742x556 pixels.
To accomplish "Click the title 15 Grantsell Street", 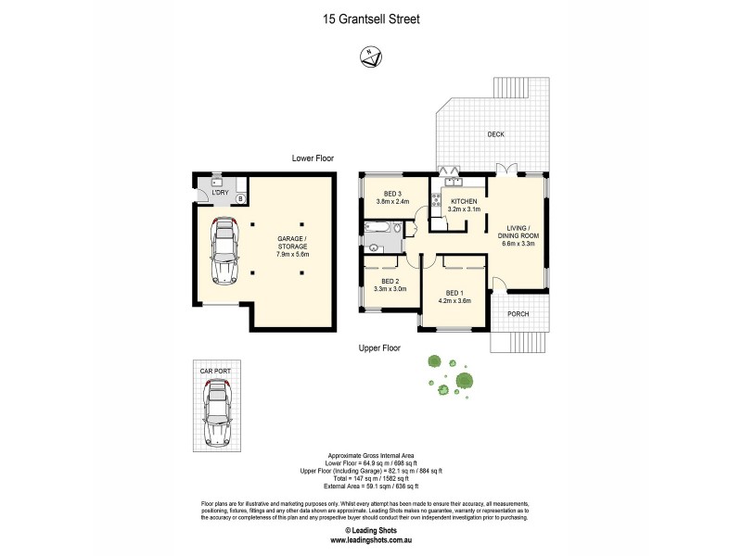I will (x=371, y=17).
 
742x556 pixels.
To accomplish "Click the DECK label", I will (x=496, y=135).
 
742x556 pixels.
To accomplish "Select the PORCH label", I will (x=518, y=314).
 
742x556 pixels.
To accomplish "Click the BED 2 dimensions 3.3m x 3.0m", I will (x=387, y=289).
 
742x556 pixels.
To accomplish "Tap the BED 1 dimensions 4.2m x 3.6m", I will (x=454, y=300).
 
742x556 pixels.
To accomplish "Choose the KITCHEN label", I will (x=464, y=201).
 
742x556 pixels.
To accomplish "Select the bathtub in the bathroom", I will (x=380, y=226).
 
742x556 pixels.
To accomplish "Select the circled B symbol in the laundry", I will (x=240, y=198).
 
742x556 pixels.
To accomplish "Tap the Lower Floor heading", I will (x=313, y=158).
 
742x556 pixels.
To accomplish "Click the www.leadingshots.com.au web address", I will (x=371, y=538).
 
